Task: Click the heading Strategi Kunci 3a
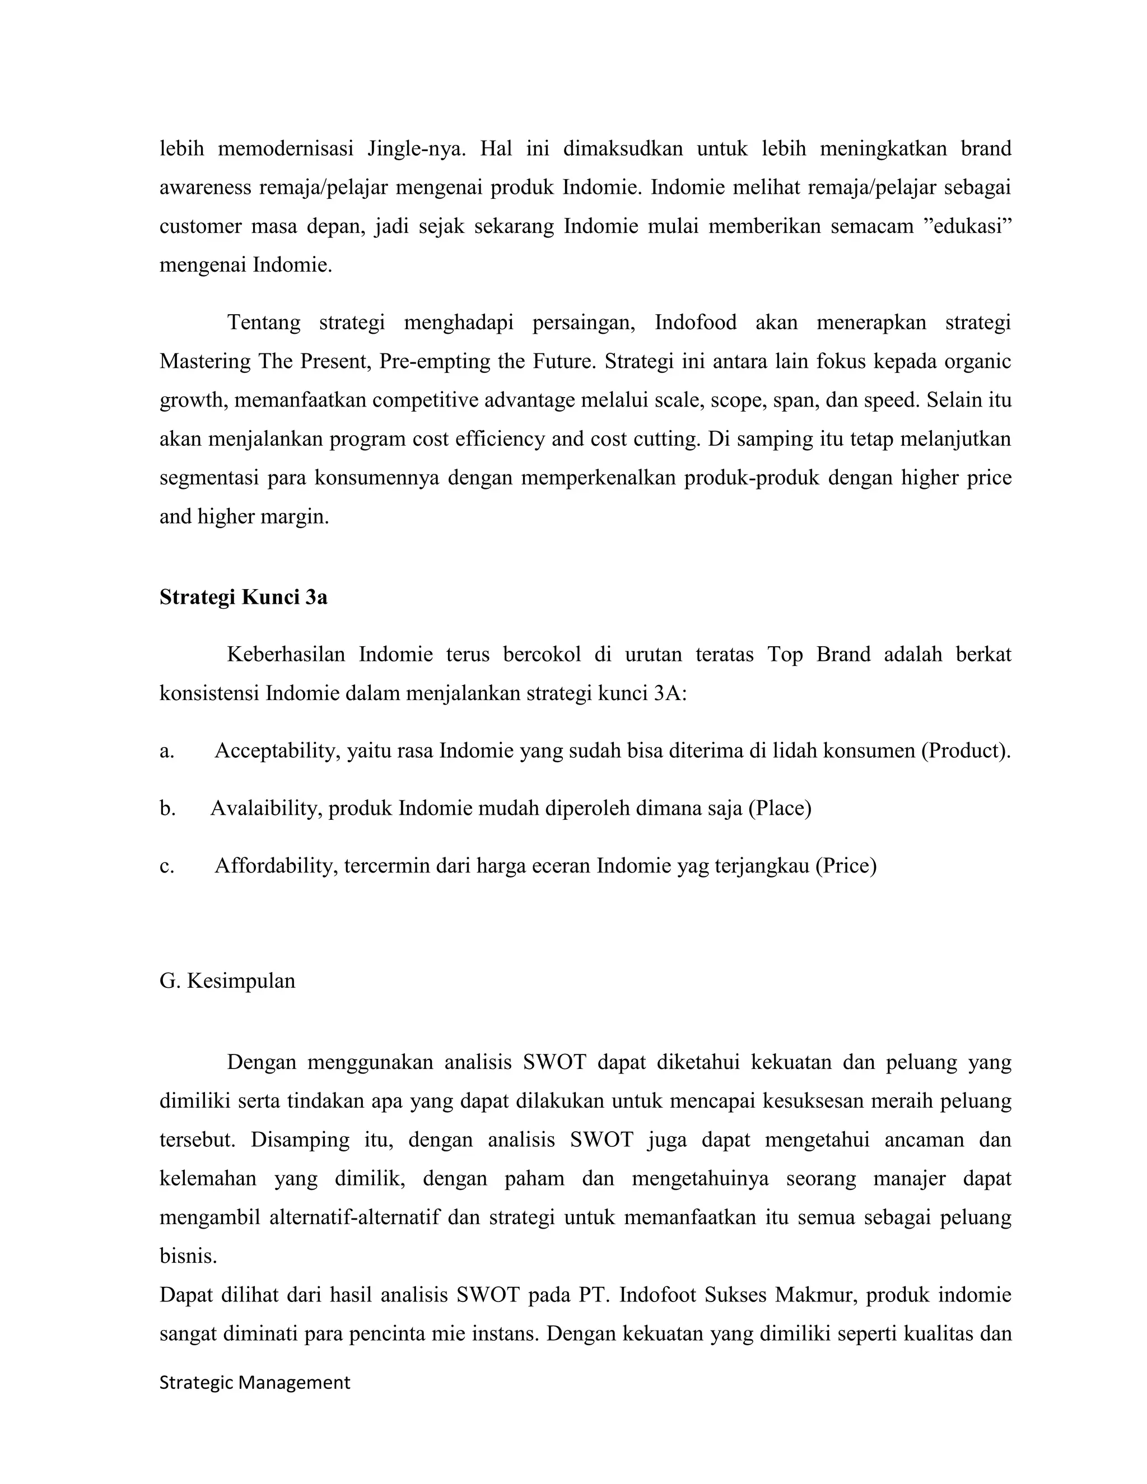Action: point(243,598)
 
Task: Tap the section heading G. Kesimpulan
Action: point(227,981)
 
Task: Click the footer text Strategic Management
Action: point(255,1382)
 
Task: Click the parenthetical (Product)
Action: point(966,751)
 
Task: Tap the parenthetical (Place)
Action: point(780,809)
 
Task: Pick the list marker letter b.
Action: point(167,809)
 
